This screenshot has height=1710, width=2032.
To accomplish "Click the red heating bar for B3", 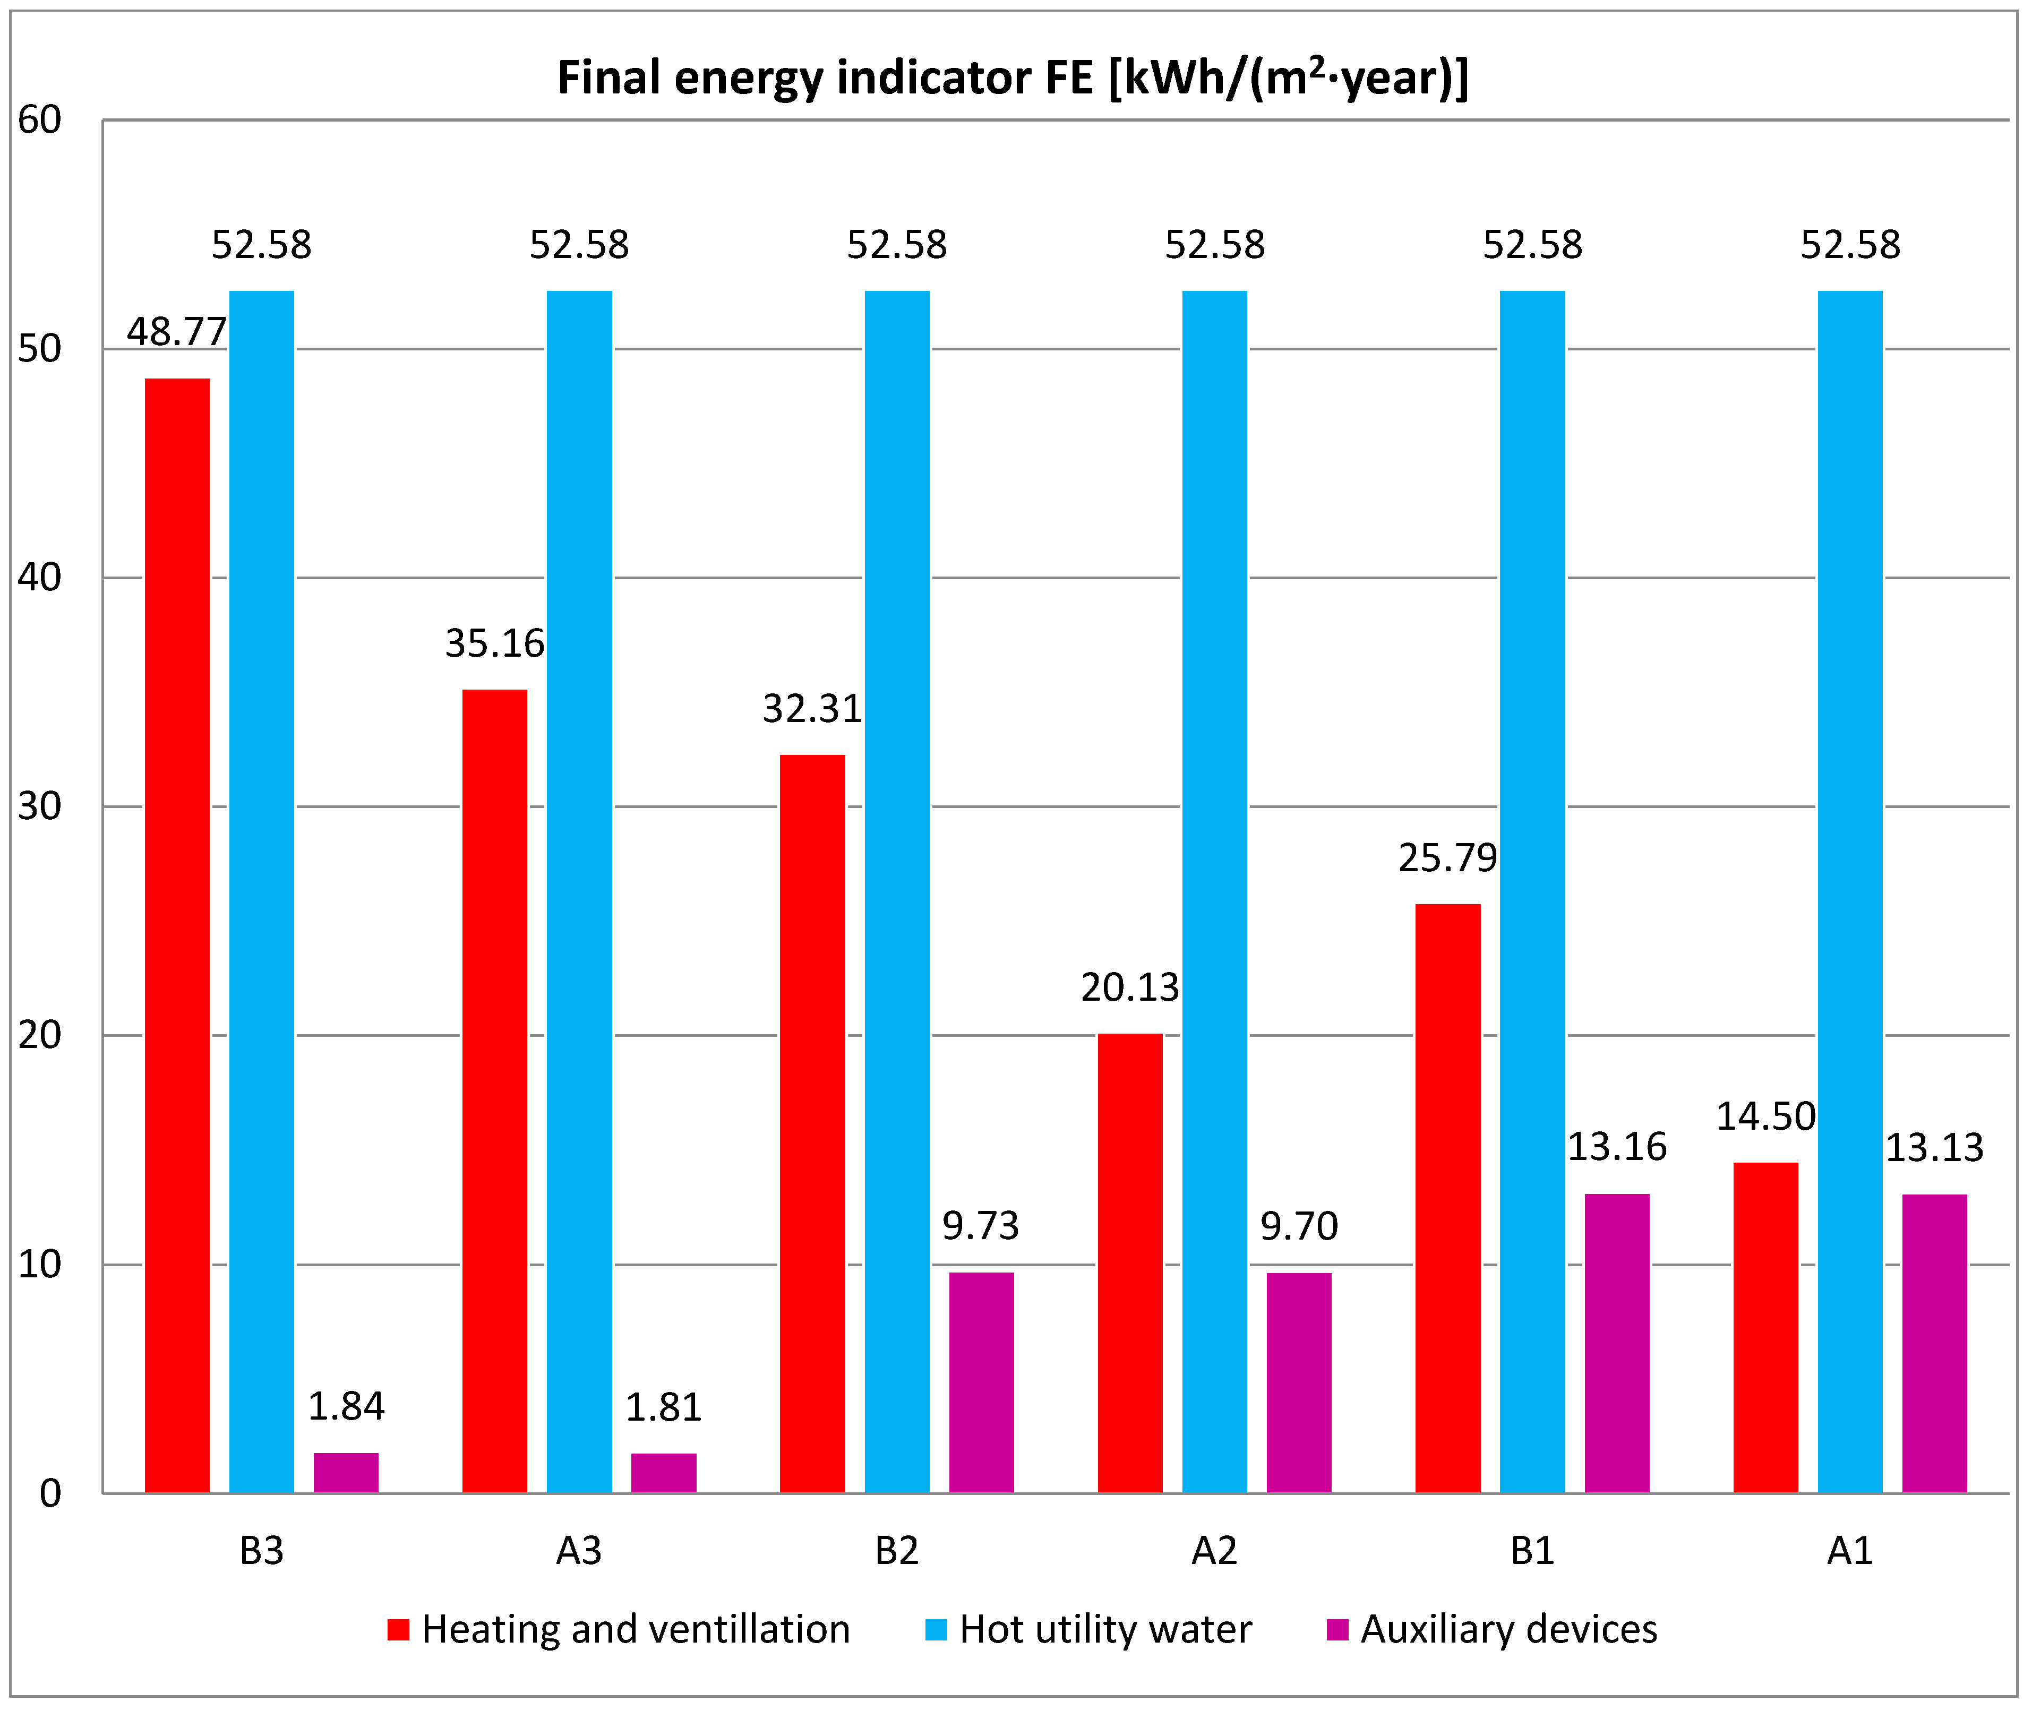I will (177, 935).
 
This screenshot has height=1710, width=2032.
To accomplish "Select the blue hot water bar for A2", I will (1215, 892).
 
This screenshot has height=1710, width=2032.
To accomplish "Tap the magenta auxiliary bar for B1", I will (1617, 1344).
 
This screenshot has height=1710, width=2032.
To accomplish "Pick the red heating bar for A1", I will (1765, 1328).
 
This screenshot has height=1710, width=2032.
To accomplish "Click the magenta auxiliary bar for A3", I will (664, 1473).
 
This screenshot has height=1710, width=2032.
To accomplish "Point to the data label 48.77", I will (176, 332).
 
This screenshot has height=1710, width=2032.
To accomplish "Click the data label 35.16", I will (494, 643).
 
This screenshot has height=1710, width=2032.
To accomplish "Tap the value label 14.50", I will (1765, 1117).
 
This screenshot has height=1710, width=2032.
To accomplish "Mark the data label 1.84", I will (346, 1406).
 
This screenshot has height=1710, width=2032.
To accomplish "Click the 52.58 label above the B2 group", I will (897, 245).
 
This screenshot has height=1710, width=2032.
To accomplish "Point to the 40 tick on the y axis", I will (40, 578).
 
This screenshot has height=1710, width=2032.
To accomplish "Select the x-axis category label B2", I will (897, 1552).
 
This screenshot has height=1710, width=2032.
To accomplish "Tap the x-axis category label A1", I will (1850, 1552).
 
